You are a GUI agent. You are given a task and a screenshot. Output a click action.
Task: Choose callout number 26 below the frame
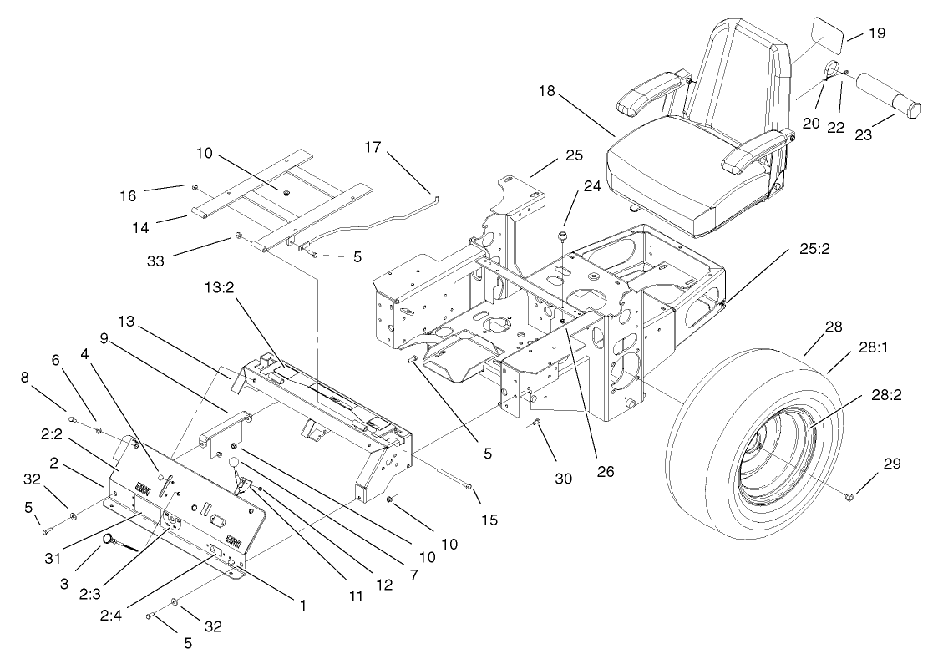tap(605, 472)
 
